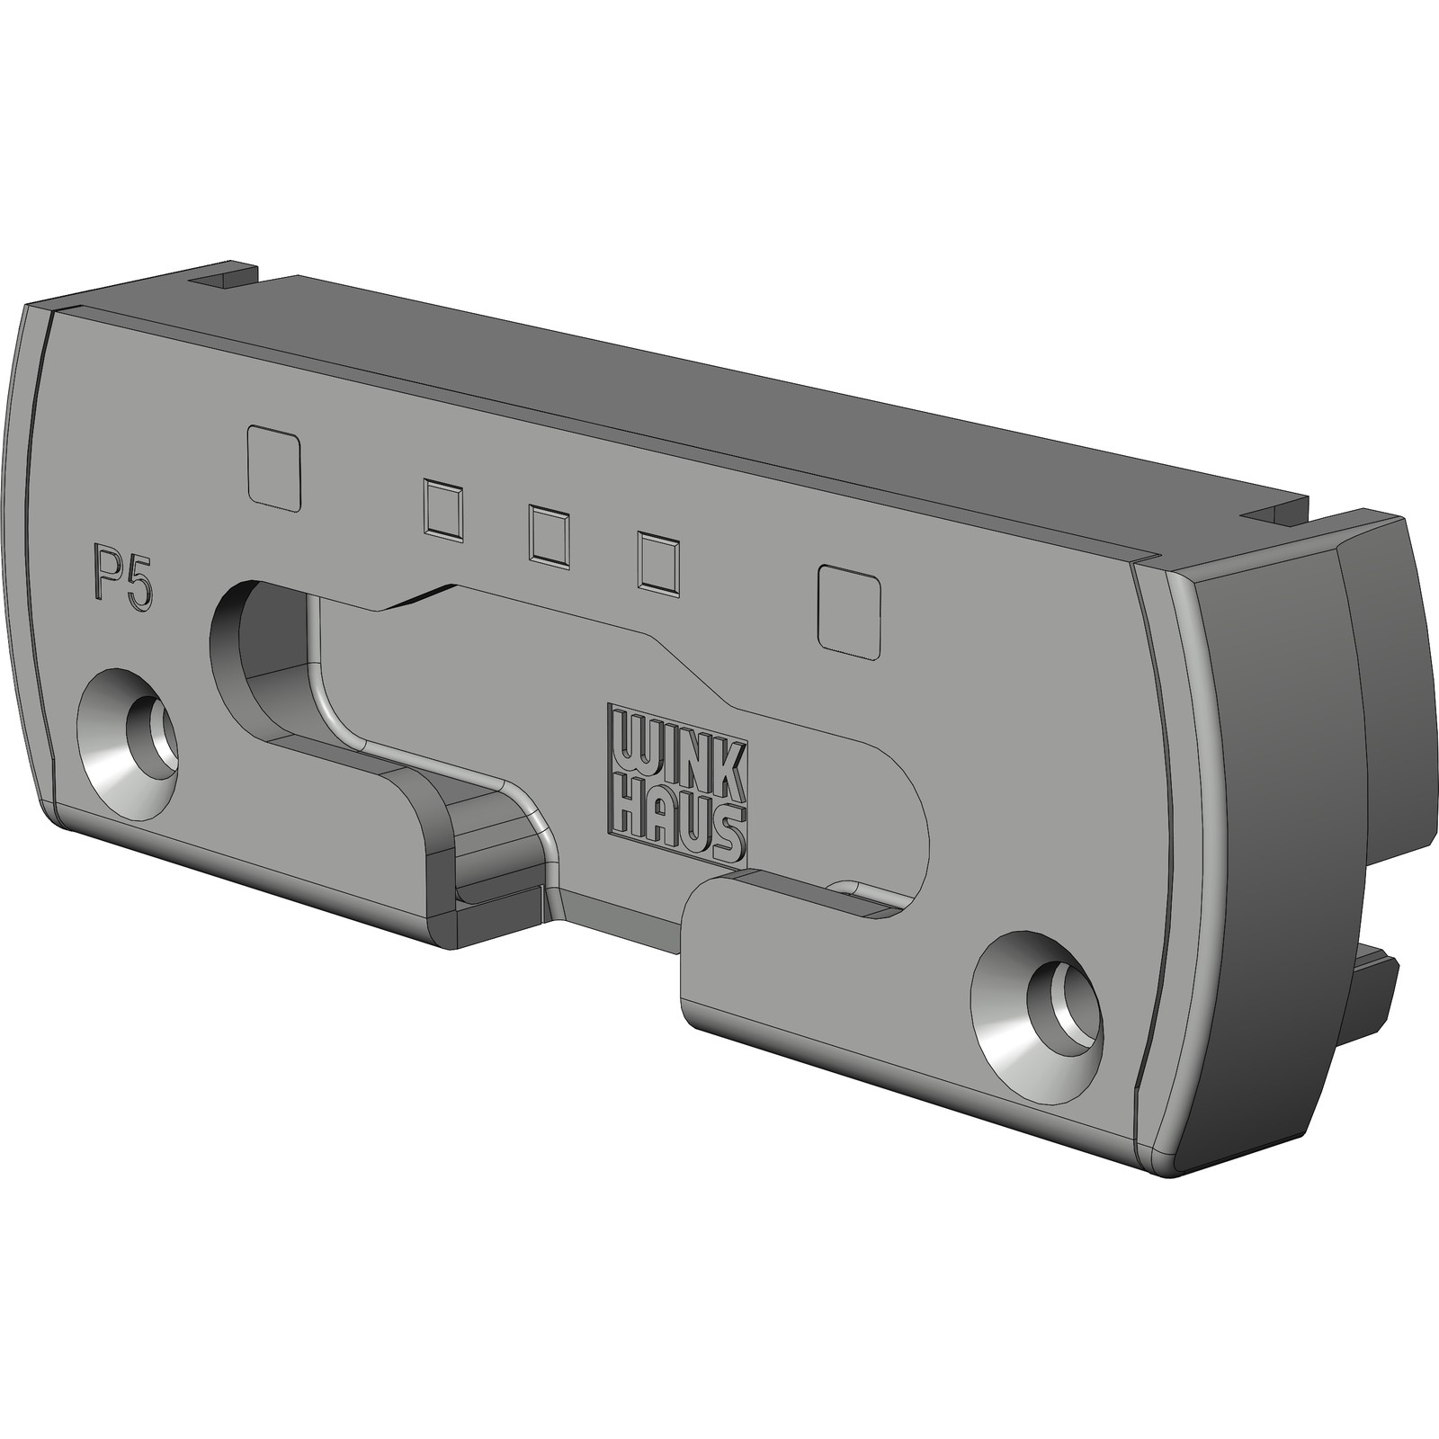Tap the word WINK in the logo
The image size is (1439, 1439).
(675, 749)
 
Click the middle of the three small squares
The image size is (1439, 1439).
(550, 537)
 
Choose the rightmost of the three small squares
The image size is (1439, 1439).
(658, 563)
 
